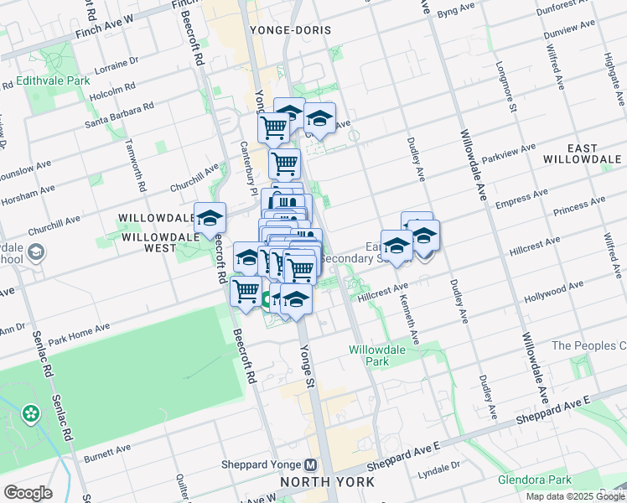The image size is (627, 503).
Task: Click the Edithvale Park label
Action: pos(52,82)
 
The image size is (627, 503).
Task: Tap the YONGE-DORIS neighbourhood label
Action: pos(290,30)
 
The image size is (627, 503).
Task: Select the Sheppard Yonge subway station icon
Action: pos(311,464)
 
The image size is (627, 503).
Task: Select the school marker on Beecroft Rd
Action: pos(210,219)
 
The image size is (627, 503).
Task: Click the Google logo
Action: pos(28,492)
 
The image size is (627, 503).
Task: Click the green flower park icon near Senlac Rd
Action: pos(31,413)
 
